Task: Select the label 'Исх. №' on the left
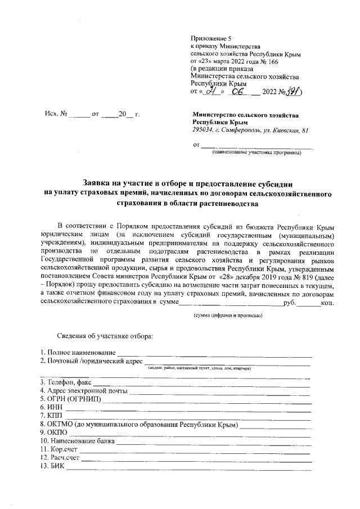(x=56, y=114)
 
